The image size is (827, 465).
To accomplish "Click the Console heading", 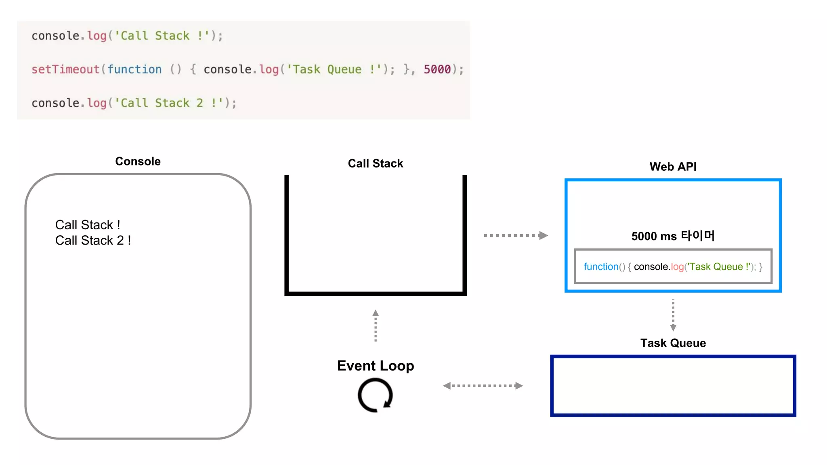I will [x=138, y=161].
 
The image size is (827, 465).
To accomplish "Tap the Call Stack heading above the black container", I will [x=375, y=163].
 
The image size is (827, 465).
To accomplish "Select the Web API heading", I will [x=673, y=166].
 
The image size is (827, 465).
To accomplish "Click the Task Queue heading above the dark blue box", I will [x=673, y=343].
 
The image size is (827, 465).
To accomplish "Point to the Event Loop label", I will [x=375, y=365].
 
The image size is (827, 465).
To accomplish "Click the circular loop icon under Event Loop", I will [x=375, y=395].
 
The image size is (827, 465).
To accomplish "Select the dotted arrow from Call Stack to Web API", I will [x=515, y=235].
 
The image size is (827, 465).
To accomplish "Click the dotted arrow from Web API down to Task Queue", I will [x=673, y=315].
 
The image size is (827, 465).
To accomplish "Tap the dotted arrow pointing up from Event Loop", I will [x=376, y=325].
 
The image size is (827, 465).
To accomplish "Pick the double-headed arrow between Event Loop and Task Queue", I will [x=483, y=385].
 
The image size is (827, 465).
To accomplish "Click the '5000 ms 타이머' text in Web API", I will [x=673, y=236].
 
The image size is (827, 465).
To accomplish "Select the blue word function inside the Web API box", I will [x=601, y=266].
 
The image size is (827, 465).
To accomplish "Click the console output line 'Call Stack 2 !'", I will [x=93, y=240].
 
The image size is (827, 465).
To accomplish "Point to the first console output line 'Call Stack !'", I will [x=88, y=224].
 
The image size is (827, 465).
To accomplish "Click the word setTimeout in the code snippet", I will [x=65, y=69].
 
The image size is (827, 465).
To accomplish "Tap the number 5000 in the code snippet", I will [x=437, y=69].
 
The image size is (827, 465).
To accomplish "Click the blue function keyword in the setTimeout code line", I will [x=134, y=69].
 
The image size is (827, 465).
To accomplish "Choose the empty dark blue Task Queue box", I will [x=673, y=385].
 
